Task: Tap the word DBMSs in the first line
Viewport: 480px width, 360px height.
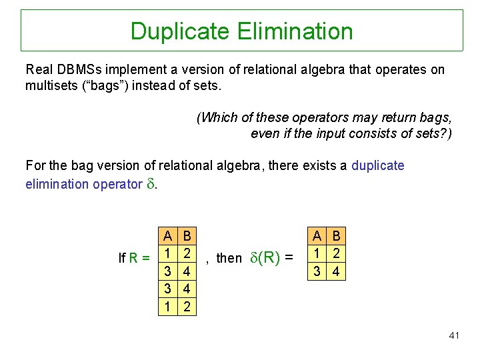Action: tap(73, 69)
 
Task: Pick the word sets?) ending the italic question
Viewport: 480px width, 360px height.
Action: tap(433, 133)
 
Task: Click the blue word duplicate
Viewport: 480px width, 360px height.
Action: tap(378, 165)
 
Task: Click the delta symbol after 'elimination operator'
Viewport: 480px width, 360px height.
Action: tap(151, 183)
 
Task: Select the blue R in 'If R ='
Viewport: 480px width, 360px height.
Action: tap(134, 257)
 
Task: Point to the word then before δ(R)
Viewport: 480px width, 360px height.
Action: tap(229, 258)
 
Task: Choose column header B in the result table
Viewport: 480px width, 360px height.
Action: tap(336, 235)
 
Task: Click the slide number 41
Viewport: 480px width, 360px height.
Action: tap(454, 335)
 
